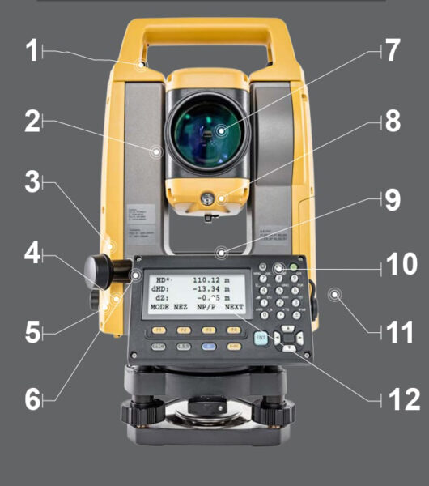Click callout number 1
pyautogui.click(x=31, y=53)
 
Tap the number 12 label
pyautogui.click(x=401, y=398)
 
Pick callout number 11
pyautogui.click(x=401, y=330)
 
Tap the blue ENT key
pyautogui.click(x=261, y=339)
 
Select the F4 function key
pyautogui.click(x=234, y=330)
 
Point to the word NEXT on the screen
pyautogui.click(x=234, y=309)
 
